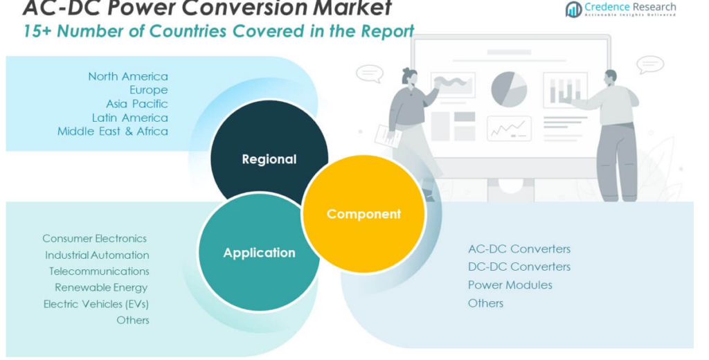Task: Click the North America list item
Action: (128, 76)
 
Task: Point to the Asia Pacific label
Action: (136, 104)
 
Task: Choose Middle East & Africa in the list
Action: (113, 132)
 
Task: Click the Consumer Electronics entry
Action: (95, 238)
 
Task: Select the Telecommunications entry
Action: (99, 271)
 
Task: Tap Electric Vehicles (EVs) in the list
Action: (96, 304)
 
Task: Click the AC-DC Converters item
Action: (519, 249)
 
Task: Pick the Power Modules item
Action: (510, 285)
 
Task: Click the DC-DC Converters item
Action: (519, 267)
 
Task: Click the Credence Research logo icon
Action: (573, 9)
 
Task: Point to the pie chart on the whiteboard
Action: (509, 89)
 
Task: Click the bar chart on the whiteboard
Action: (565, 90)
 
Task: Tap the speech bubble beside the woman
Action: (370, 73)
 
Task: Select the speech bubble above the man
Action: (650, 64)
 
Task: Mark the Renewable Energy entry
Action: (101, 287)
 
